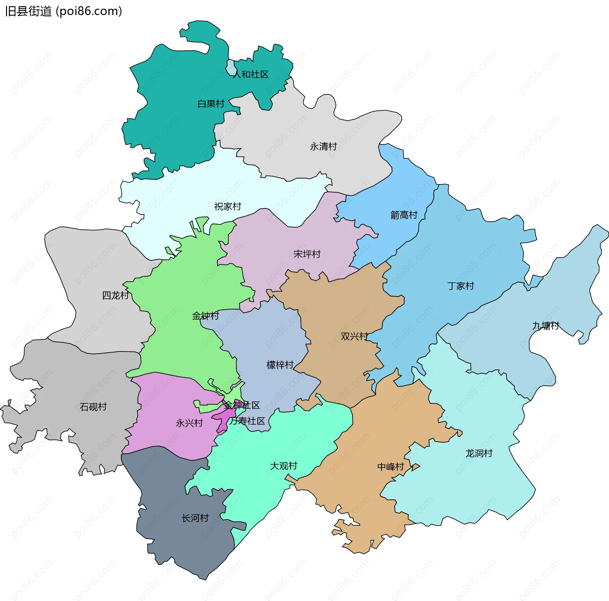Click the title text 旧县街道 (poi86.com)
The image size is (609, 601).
click(63, 11)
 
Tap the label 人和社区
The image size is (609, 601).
click(251, 75)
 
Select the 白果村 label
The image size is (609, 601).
click(211, 104)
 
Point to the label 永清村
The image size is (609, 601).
click(323, 147)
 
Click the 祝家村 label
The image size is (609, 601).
click(228, 207)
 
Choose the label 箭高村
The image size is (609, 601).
click(404, 215)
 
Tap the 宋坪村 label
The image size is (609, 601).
click(307, 254)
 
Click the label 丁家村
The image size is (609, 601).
click(461, 286)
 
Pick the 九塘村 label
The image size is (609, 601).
click(546, 326)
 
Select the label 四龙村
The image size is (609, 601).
click(115, 295)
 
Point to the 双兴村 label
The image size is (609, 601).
click(354, 336)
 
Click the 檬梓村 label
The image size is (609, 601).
click(280, 365)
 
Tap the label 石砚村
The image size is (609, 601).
click(93, 407)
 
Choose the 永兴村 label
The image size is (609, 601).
click(189, 423)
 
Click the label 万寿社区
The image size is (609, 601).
click(247, 421)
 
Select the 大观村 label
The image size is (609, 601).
click(284, 466)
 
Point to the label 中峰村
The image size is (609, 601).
click(391, 467)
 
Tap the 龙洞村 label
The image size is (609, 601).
click(479, 453)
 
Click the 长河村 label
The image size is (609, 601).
click(195, 518)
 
